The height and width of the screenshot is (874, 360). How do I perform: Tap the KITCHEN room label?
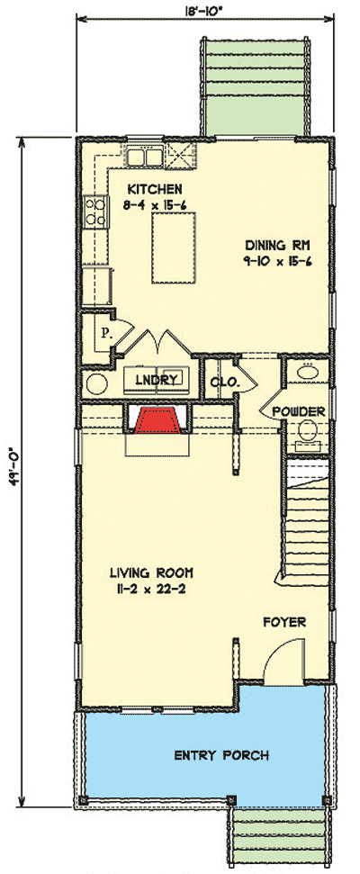tap(155, 189)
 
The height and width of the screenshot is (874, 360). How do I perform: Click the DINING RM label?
tap(275, 244)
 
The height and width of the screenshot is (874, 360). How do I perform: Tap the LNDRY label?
tap(155, 380)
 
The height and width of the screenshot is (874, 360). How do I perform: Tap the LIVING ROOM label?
tap(151, 572)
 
